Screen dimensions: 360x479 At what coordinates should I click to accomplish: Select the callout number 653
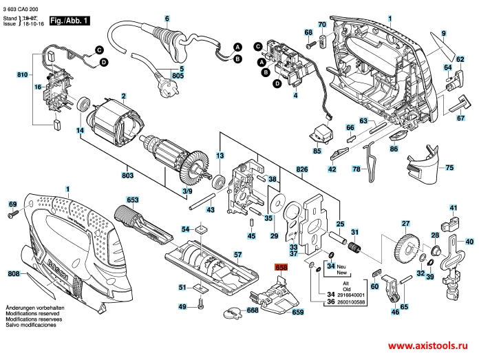(x=133, y=200)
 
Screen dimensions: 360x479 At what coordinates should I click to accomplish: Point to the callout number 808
(x=13, y=275)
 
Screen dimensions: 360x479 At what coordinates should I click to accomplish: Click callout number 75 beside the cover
(x=449, y=167)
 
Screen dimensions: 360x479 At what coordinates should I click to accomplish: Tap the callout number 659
(x=297, y=313)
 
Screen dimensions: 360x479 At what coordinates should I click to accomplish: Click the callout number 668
(x=253, y=310)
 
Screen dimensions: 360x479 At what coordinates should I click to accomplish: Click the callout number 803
(x=127, y=176)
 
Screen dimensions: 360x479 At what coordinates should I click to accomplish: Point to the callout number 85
(x=317, y=150)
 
